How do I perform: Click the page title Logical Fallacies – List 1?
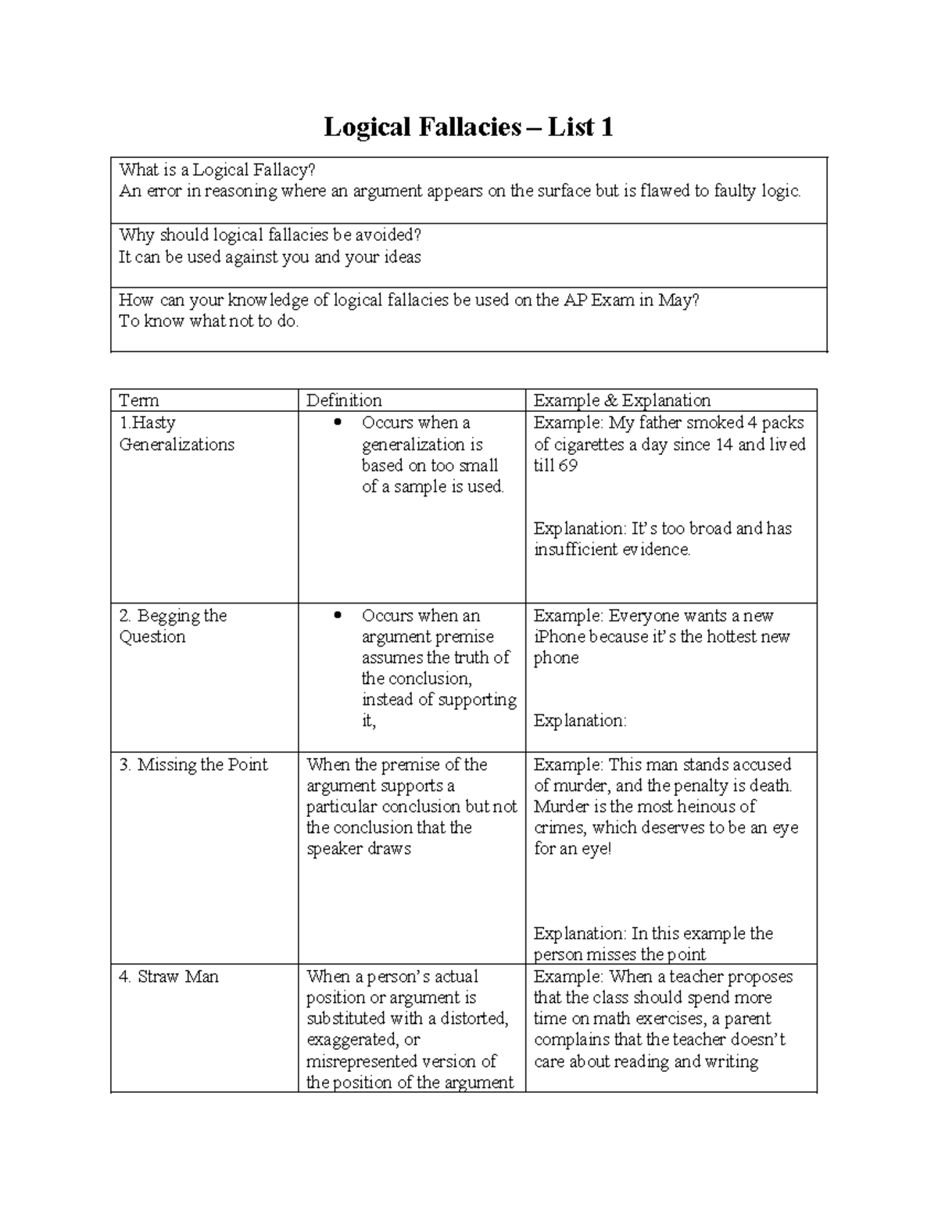click(x=468, y=127)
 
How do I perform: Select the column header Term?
click(x=139, y=400)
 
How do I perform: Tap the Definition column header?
click(x=344, y=400)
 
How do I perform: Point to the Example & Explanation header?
click(x=622, y=400)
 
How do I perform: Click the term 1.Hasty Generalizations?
click(x=177, y=434)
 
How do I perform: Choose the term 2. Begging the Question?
click(x=173, y=626)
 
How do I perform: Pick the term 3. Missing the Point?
click(x=193, y=765)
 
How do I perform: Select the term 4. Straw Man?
click(x=169, y=976)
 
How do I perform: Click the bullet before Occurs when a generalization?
click(x=338, y=423)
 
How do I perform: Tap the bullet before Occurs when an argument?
click(x=338, y=616)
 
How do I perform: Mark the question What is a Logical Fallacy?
click(x=217, y=170)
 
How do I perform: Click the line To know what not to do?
click(x=209, y=321)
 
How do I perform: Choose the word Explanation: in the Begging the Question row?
click(x=580, y=721)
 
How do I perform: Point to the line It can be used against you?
click(x=270, y=257)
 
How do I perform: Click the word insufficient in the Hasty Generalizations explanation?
click(x=575, y=550)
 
